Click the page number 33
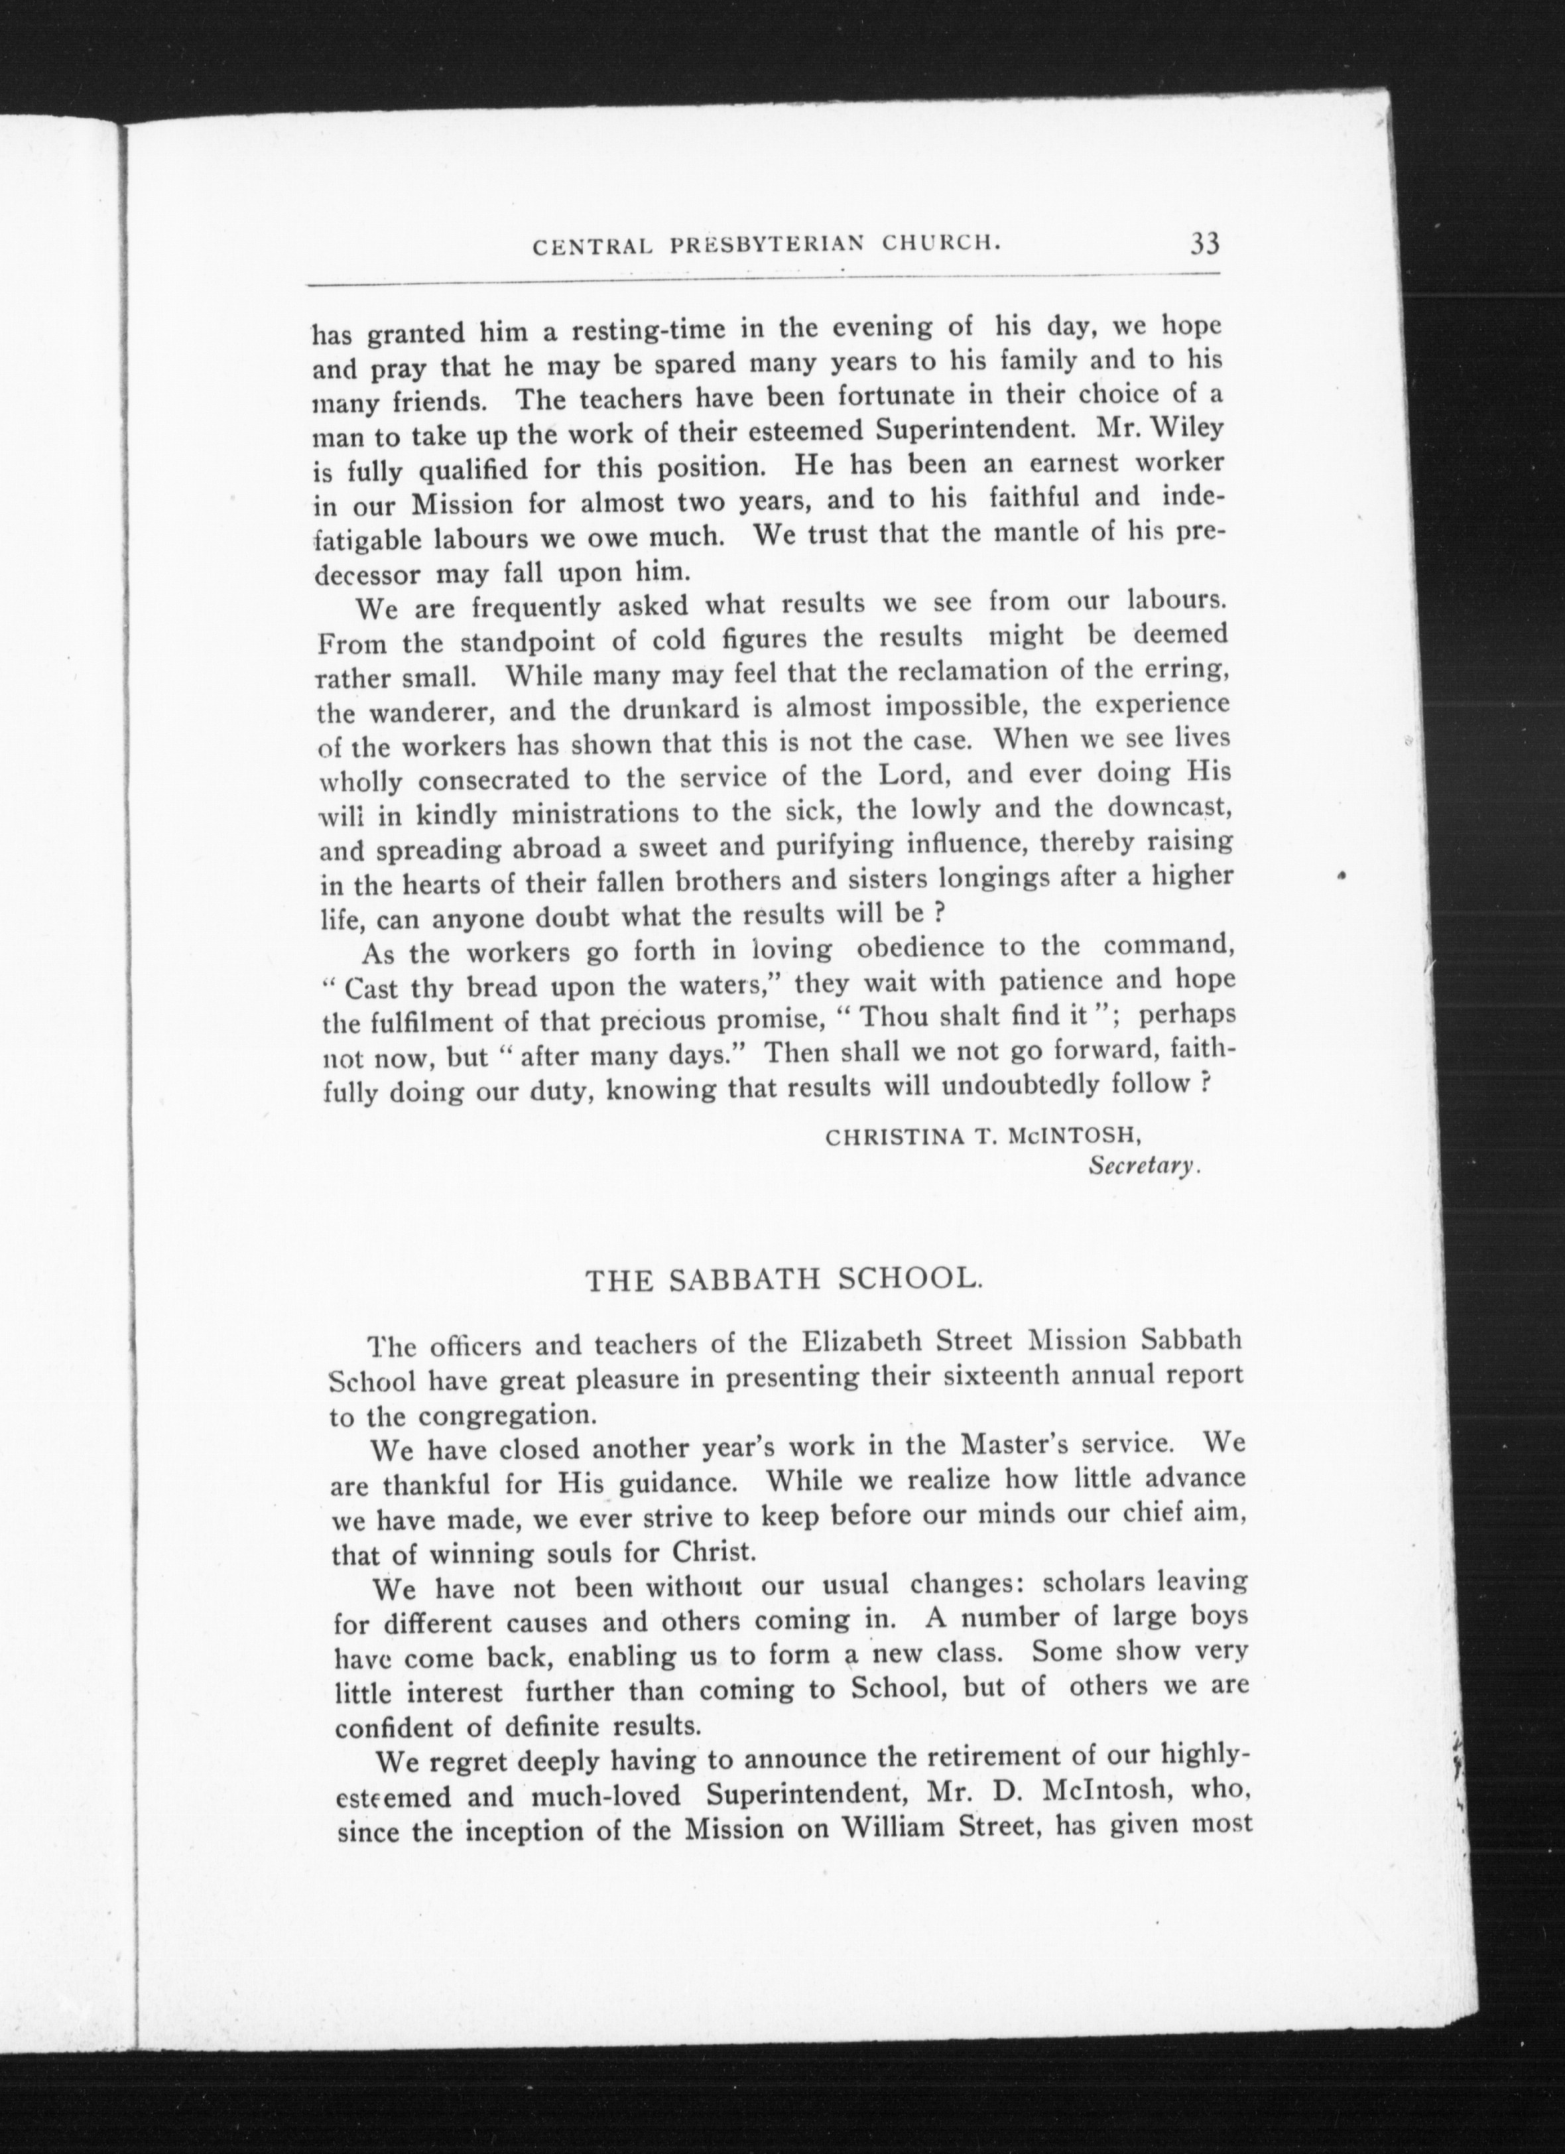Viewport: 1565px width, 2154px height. click(x=1202, y=244)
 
